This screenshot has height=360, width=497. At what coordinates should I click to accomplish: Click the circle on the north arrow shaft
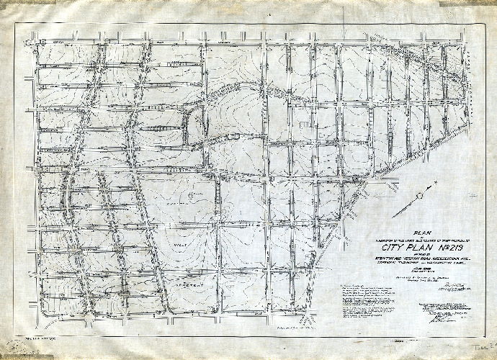coord(409,209)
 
